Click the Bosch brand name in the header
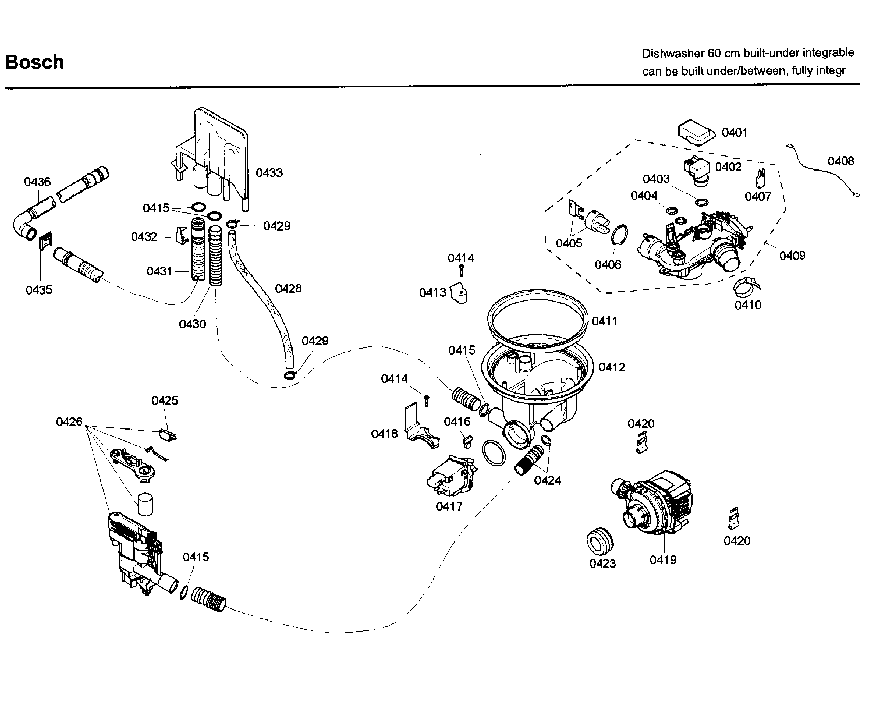35,62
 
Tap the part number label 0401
734,132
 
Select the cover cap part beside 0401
697,132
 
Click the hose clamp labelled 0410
747,287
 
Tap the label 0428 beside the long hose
288,288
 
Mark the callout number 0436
37,182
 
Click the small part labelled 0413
459,293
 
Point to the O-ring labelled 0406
620,235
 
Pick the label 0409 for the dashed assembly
792,255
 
